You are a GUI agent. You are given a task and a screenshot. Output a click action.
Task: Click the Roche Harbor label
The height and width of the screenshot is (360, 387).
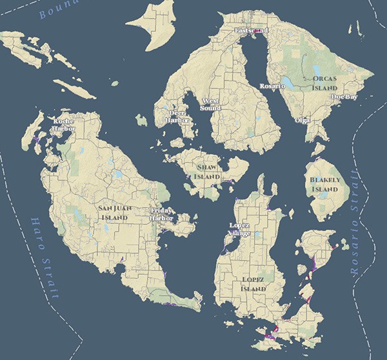pyautogui.click(x=64, y=125)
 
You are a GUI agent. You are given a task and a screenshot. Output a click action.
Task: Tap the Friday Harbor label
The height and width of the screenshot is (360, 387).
pyautogui.click(x=161, y=214)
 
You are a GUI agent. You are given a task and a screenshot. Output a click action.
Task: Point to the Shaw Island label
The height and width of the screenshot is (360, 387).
pyautogui.click(x=207, y=171)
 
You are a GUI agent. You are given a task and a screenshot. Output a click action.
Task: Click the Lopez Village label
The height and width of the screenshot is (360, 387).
pyautogui.click(x=238, y=229)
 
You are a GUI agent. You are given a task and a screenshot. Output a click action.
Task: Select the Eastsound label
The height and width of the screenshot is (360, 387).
pyautogui.click(x=251, y=31)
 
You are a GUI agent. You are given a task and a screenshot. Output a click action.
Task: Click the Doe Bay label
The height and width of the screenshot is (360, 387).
pyautogui.click(x=344, y=97)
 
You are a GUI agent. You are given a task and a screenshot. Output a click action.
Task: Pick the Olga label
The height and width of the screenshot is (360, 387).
pyautogui.click(x=302, y=120)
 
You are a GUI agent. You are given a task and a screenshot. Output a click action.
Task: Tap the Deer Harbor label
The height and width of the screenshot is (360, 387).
pyautogui.click(x=176, y=115)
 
